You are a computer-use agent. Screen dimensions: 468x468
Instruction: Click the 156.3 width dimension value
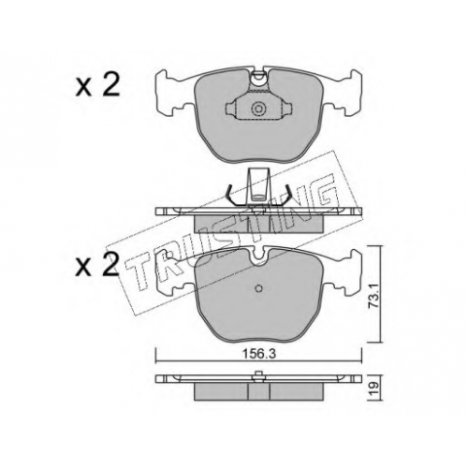click(258, 354)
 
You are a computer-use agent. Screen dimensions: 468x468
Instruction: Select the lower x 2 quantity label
click(97, 265)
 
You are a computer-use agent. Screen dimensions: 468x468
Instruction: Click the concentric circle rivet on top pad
click(258, 109)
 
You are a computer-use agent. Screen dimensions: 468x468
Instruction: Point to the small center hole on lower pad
click(258, 288)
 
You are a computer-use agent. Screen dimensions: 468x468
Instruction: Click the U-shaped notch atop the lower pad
click(258, 256)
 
